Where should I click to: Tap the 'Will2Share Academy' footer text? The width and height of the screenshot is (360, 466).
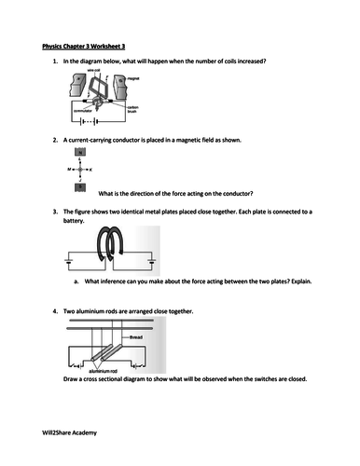[71, 433]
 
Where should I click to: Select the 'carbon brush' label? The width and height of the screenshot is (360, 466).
[132, 110]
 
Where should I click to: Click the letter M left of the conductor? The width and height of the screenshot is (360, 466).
[69, 169]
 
